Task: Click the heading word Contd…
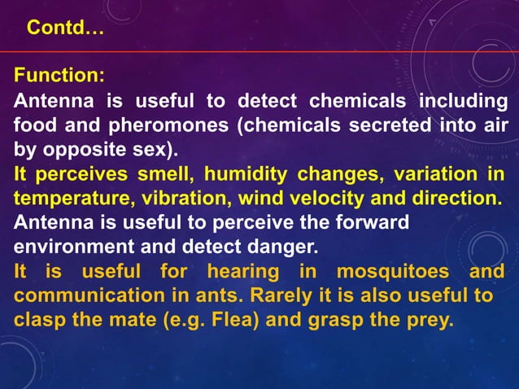65,28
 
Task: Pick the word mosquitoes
389,271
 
